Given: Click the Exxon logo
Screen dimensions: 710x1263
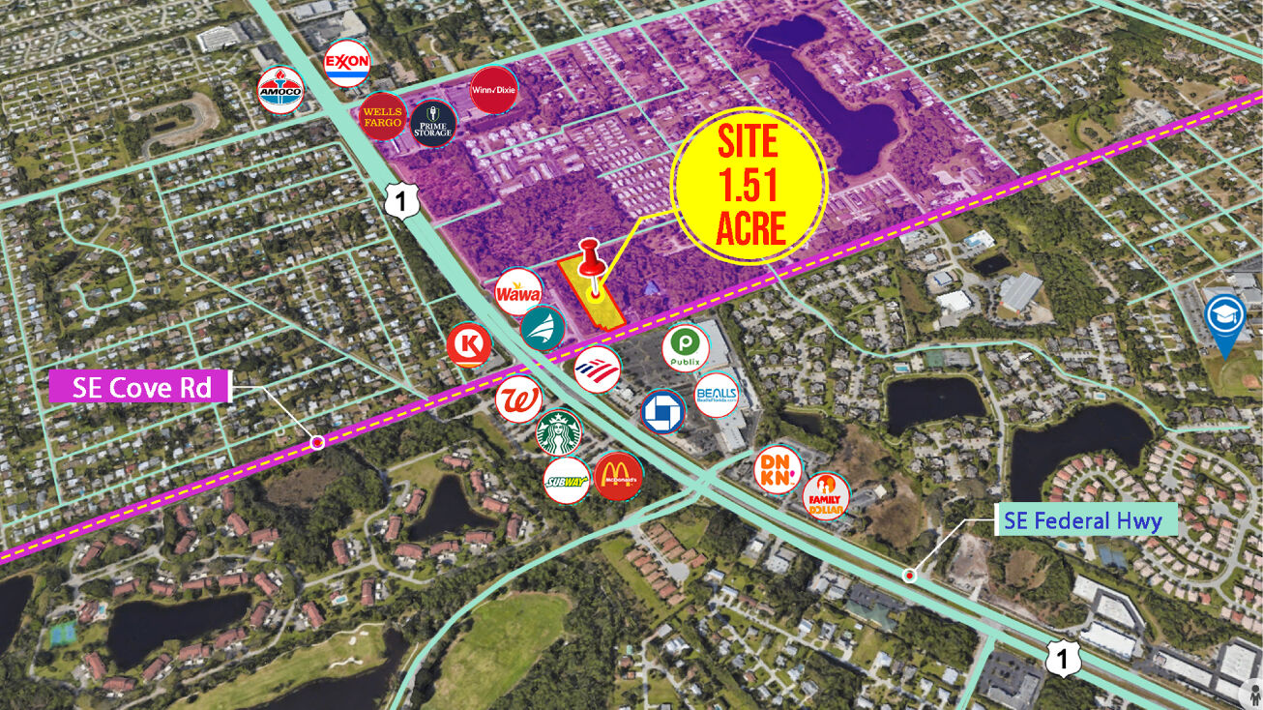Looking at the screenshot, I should point(347,65).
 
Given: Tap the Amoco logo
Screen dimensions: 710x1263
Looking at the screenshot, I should point(280,91).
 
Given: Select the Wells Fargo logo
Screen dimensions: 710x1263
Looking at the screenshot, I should point(383,118).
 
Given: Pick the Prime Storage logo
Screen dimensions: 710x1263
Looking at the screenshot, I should point(432,124).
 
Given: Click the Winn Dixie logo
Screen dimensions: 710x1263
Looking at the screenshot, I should point(492,90).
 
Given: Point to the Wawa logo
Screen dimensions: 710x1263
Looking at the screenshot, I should point(518,293).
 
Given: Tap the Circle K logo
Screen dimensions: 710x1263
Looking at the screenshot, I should point(470,345).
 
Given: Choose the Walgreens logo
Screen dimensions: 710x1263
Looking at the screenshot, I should point(518,399).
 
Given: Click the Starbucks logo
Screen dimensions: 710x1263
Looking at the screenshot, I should point(559,431).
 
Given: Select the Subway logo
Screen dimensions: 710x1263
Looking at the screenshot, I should point(567,479).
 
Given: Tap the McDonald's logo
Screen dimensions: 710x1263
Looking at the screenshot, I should point(618,476).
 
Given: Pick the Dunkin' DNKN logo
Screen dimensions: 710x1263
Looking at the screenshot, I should point(778,469).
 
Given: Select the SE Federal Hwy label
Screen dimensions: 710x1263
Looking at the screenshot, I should point(1082,521).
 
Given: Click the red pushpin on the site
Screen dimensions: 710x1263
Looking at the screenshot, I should point(590,261).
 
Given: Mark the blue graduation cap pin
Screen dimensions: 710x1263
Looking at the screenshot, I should point(1225,320).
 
